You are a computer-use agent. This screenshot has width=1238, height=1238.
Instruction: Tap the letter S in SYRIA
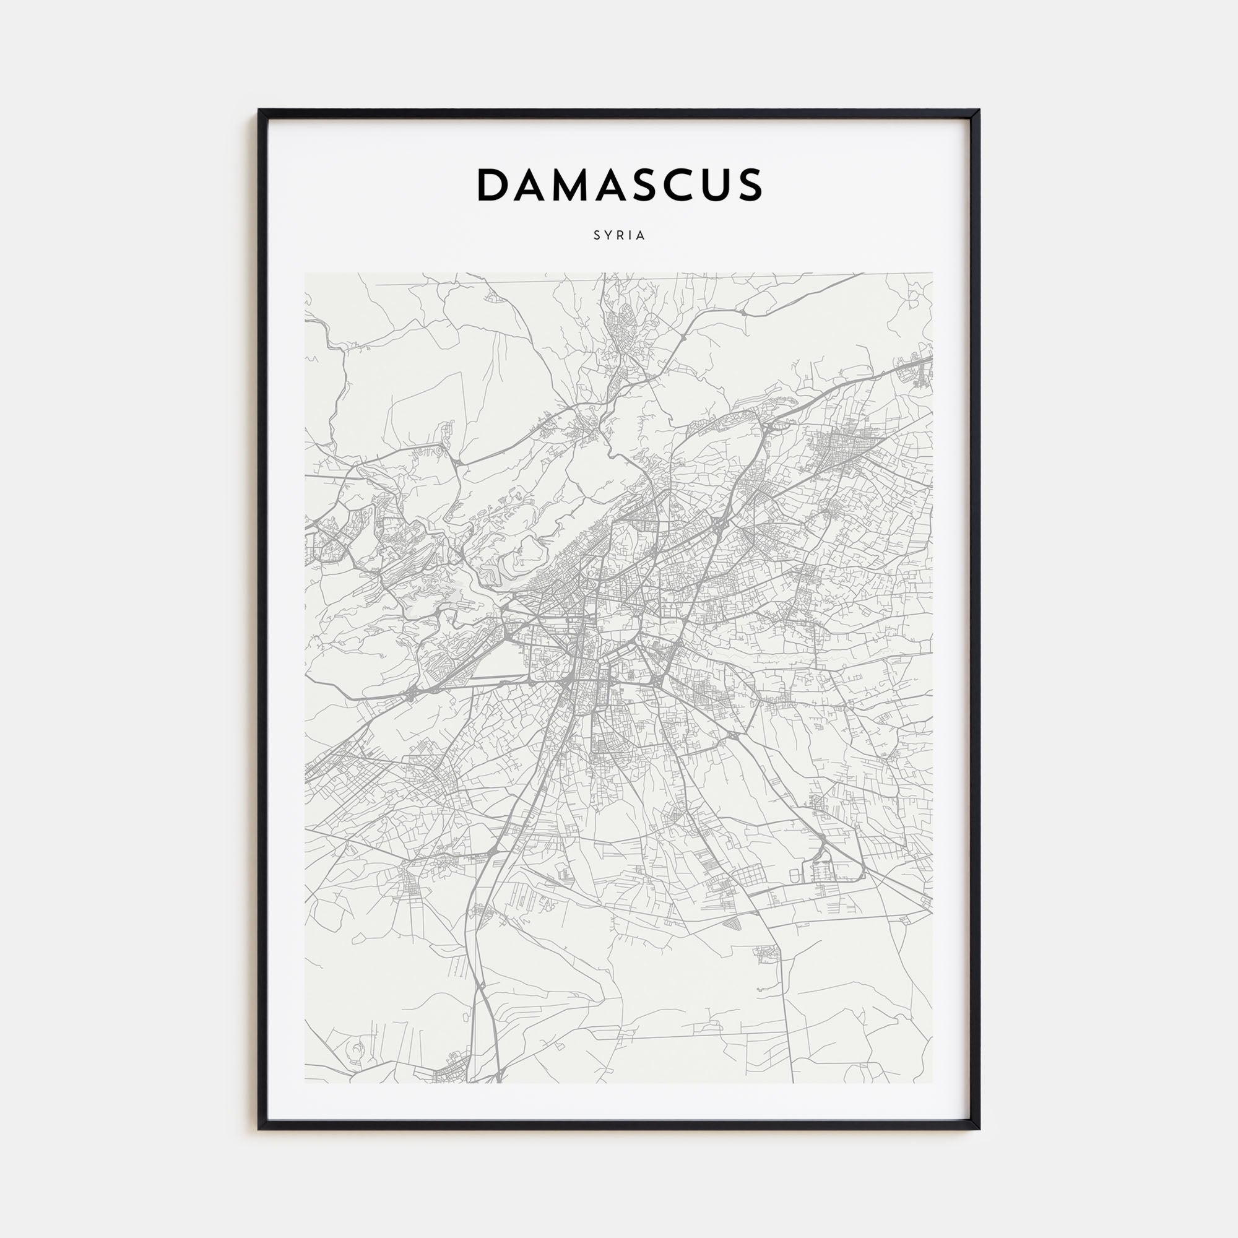click(597, 236)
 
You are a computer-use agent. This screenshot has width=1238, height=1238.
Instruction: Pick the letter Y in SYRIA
click(608, 236)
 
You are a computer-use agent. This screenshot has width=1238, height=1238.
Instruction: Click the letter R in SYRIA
click(620, 236)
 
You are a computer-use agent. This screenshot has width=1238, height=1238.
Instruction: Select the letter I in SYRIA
click(631, 236)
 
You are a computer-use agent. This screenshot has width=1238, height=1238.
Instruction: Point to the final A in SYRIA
click(641, 236)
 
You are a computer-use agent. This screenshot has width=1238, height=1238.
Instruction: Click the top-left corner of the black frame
click(259, 110)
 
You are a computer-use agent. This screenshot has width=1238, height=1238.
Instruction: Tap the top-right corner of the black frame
click(979, 110)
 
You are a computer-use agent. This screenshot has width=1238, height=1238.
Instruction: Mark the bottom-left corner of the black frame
click(259, 1128)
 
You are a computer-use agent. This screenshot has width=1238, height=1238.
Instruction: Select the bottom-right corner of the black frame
click(979, 1128)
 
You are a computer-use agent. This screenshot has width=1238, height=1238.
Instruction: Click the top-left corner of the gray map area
click(305, 274)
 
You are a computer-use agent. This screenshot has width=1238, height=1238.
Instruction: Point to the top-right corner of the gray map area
click(932, 274)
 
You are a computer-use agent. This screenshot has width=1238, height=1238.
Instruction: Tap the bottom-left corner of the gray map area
click(305, 1083)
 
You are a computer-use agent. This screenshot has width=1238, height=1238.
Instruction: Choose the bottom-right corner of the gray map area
click(932, 1083)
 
